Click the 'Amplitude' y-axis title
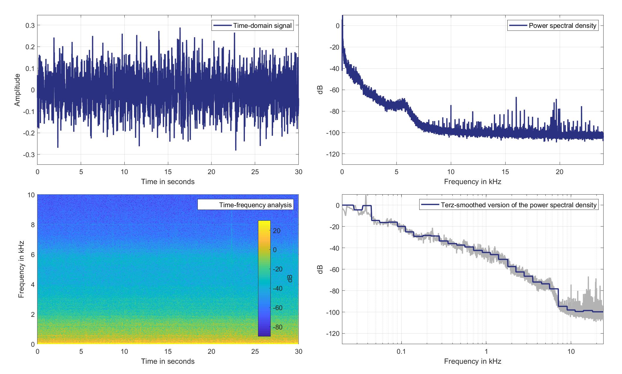[18, 90]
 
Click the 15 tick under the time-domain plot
[168, 172]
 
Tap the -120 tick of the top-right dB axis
[333, 154]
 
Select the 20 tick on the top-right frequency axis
[560, 172]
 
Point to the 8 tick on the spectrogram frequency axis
[32, 225]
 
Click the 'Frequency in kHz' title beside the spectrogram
[21, 269]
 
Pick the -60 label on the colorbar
[276, 308]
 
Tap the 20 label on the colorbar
[276, 231]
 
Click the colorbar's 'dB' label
[290, 278]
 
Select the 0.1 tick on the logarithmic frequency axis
[401, 351]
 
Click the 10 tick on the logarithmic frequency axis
[571, 351]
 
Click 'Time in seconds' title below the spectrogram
[168, 361]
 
